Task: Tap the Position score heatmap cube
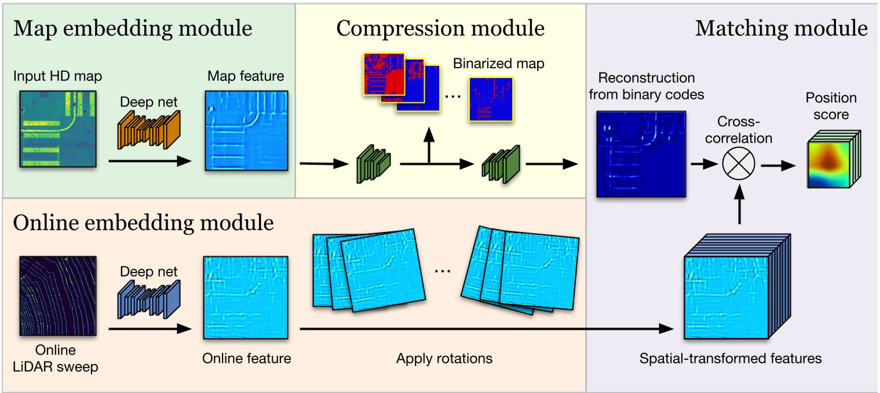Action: pos(832,159)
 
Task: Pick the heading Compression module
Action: pos(440,28)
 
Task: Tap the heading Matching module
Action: pos(782,28)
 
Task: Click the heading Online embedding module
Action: pos(143,222)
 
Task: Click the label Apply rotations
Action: pos(444,359)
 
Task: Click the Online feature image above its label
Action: pos(246,297)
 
